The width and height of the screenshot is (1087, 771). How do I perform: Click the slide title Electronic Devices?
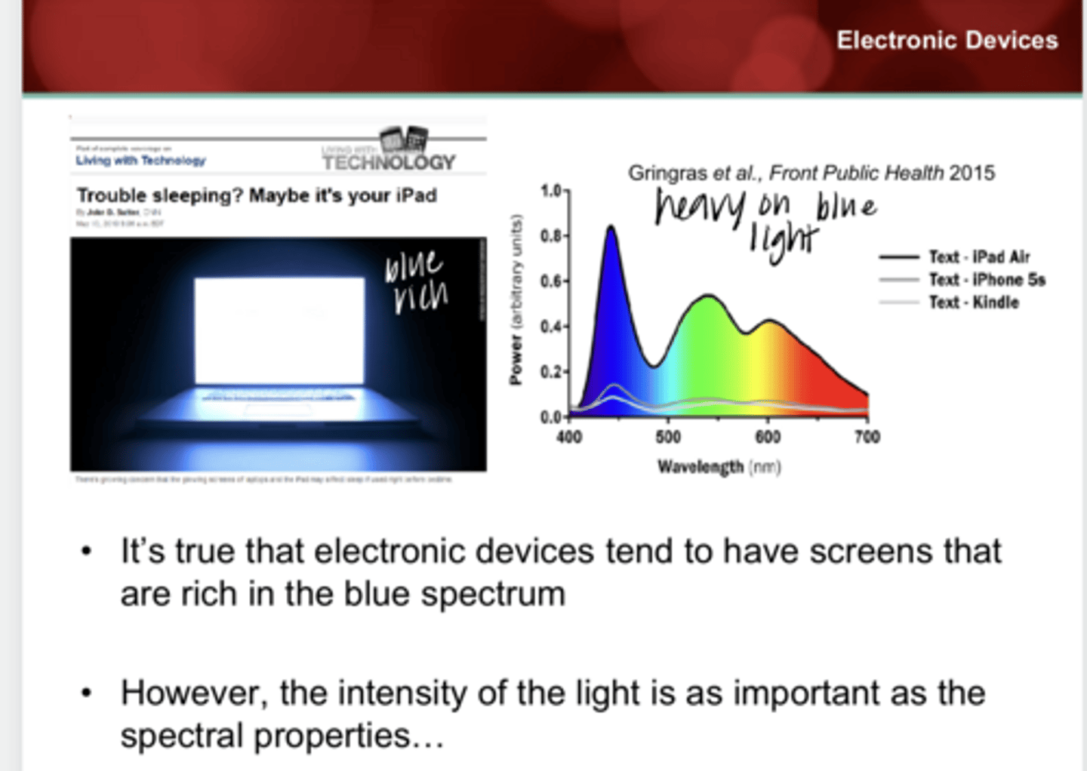click(x=947, y=40)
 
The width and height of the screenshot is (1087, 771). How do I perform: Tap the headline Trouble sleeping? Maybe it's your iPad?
click(x=257, y=195)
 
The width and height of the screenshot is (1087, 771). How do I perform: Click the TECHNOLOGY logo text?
click(x=389, y=162)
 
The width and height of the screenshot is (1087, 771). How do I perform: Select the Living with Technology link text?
click(x=140, y=161)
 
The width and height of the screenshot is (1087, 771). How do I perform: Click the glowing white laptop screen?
click(x=279, y=330)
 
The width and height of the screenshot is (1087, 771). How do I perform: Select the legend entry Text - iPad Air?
click(x=979, y=257)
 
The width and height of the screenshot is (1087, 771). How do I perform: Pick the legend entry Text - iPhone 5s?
click(x=987, y=280)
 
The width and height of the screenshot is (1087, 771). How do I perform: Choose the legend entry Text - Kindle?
click(x=974, y=303)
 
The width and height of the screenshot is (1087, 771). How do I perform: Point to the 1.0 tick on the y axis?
click(x=551, y=191)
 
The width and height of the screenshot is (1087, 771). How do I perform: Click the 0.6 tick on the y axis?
click(x=551, y=281)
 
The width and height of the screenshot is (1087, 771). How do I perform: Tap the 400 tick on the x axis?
click(x=569, y=437)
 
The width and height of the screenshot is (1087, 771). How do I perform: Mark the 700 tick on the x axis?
click(x=867, y=437)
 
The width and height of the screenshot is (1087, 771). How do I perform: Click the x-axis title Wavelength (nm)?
click(x=719, y=467)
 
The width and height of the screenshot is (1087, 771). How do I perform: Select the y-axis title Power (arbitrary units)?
click(x=516, y=300)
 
